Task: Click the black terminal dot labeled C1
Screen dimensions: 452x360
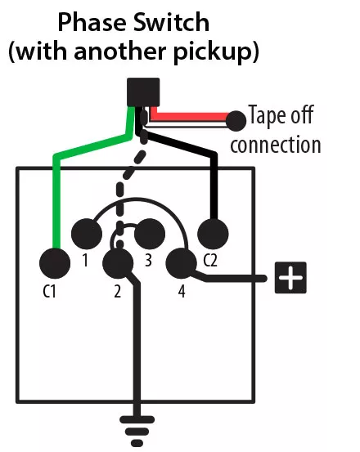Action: pyautogui.click(x=55, y=263)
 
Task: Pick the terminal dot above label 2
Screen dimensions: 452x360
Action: pyautogui.click(x=119, y=263)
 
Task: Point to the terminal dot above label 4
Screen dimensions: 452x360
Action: pyautogui.click(x=181, y=263)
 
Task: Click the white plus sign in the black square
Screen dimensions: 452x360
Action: pyautogui.click(x=290, y=279)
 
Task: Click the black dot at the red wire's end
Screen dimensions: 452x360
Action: pyautogui.click(x=236, y=121)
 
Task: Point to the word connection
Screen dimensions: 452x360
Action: pyautogui.click(x=276, y=145)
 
